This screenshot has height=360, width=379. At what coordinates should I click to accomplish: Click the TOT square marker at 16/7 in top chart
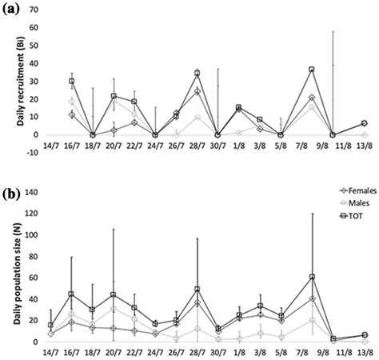coord(72,81)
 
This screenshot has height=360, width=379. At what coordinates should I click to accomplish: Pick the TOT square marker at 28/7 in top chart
coord(197,74)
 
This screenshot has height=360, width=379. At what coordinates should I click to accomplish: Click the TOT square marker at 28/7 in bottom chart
coord(197,289)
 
